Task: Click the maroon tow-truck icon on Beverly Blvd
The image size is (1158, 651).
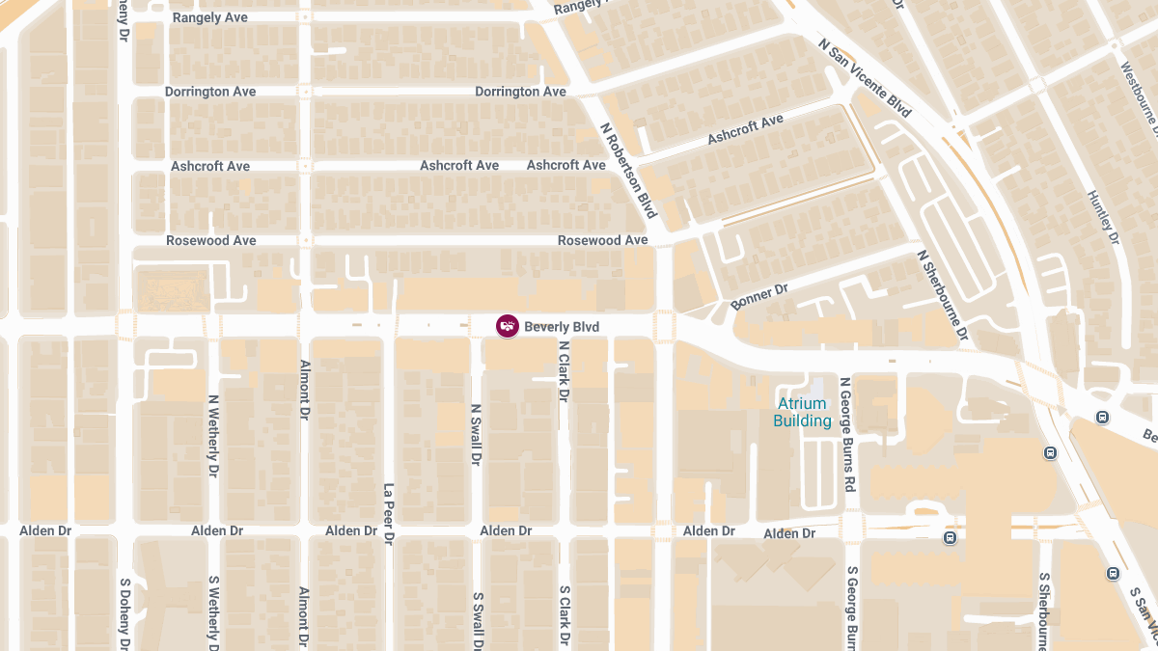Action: coord(507,326)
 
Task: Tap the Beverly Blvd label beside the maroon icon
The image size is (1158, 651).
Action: coord(562,327)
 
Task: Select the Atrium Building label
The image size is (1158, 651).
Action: coord(802,413)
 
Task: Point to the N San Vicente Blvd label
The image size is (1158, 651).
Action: coord(865,78)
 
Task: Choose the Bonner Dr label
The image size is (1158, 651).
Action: coord(759,296)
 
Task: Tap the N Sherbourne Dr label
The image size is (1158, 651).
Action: coord(943,296)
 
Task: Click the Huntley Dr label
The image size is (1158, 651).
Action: coord(1102,217)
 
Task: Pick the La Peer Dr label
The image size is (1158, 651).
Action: coord(389,514)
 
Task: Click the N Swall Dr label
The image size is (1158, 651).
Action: coord(475,435)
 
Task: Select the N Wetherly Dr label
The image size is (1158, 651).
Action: coord(213,436)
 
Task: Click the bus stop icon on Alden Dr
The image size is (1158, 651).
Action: coord(951,537)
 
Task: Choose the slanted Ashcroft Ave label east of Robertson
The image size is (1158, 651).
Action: coord(745,129)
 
